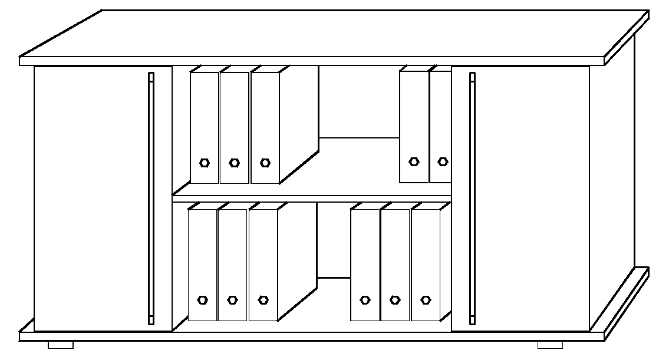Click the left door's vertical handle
[151, 198]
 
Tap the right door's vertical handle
[472, 198]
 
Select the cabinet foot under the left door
[61, 345]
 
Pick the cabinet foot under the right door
[550, 345]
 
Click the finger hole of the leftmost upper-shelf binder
[205, 163]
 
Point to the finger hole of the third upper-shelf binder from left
[265, 163]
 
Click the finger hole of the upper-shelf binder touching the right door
[443, 161]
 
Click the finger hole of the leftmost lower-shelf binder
[203, 300]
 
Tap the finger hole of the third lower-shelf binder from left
[263, 300]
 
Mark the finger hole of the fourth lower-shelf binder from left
[365, 300]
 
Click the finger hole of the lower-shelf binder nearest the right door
[426, 300]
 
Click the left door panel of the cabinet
[88, 198]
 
